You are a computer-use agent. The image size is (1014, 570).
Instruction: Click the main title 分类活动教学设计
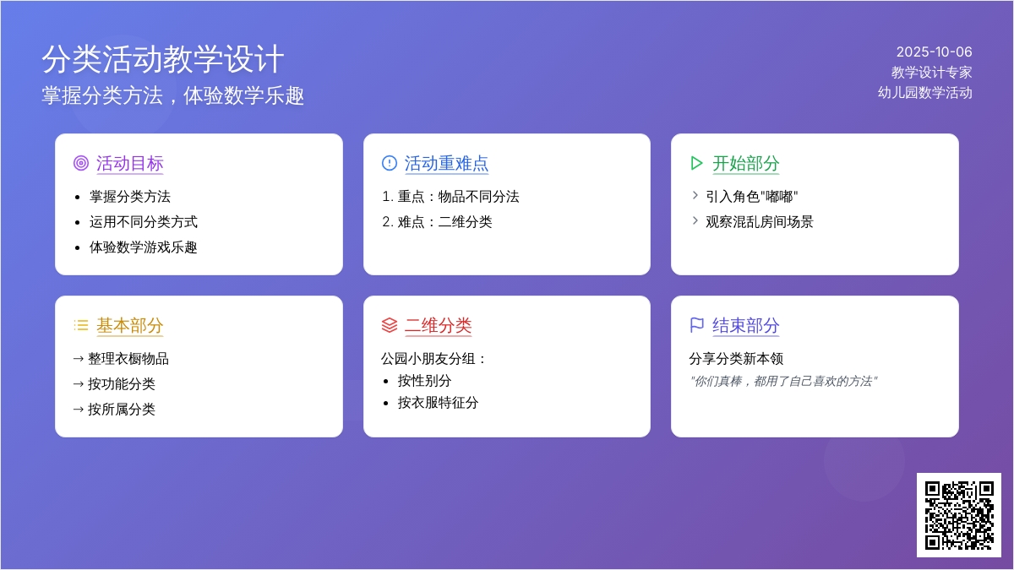pos(163,59)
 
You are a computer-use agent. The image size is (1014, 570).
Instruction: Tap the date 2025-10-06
pos(934,52)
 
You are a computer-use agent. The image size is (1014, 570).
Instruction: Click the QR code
pos(959,515)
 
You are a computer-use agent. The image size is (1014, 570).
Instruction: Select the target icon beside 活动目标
pos(81,163)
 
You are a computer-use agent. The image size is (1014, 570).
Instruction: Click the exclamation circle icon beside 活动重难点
pos(390,163)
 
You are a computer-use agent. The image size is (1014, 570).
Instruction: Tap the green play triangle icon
pos(696,163)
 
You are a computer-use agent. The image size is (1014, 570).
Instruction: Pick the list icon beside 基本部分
pos(81,325)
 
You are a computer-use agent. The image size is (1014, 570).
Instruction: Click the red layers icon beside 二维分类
pos(390,325)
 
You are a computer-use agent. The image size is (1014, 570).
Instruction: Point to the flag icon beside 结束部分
pos(696,325)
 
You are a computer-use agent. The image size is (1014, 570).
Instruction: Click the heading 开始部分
pos(745,163)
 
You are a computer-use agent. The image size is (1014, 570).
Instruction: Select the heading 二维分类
pos(438,326)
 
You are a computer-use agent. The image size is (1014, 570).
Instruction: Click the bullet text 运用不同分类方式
pos(143,222)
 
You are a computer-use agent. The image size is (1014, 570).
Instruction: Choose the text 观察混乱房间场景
pos(759,222)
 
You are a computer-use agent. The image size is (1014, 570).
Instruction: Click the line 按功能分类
pos(122,384)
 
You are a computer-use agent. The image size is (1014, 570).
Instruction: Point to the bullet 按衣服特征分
pos(438,403)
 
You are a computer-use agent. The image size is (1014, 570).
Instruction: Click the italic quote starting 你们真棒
pos(783,382)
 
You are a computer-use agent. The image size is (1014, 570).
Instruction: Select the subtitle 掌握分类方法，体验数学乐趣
pos(173,96)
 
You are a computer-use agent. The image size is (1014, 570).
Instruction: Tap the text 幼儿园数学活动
pos(924,93)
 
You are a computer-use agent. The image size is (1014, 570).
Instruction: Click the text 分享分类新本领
pos(736,359)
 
